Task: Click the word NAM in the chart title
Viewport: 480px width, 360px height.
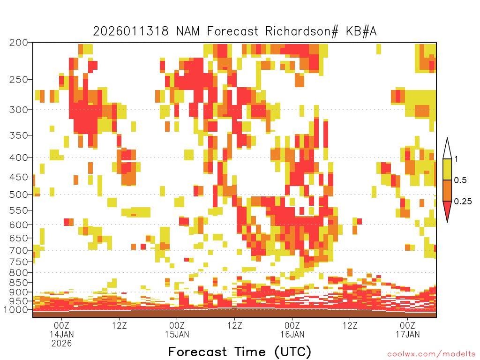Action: click(187, 31)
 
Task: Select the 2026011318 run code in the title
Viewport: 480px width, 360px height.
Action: click(131, 31)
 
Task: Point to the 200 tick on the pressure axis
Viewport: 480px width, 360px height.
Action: click(18, 43)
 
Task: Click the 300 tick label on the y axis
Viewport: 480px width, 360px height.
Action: click(18, 110)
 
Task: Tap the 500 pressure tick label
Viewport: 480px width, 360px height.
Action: click(18, 195)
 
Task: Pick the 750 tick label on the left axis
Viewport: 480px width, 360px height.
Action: click(18, 262)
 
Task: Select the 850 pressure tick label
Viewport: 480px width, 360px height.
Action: click(18, 282)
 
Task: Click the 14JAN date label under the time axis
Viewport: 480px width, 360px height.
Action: click(62, 334)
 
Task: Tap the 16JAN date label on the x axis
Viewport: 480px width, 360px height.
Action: click(292, 334)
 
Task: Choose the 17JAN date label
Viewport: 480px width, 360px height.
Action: click(407, 334)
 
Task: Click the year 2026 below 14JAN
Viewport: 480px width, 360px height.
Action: click(61, 344)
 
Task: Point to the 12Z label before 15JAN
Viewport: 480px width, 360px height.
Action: click(120, 325)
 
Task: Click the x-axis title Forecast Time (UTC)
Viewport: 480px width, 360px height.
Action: click(240, 352)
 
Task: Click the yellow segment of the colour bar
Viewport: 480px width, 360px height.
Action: click(447, 169)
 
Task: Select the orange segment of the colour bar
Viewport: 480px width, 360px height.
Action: click(447, 190)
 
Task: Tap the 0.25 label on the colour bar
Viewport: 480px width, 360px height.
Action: click(463, 201)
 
